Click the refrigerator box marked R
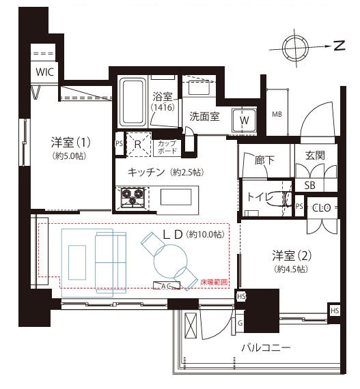[137, 144]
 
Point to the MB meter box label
[277, 114]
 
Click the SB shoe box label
[309, 186]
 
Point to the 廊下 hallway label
[264, 161]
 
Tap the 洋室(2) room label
[292, 257]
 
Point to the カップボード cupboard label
[167, 147]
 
